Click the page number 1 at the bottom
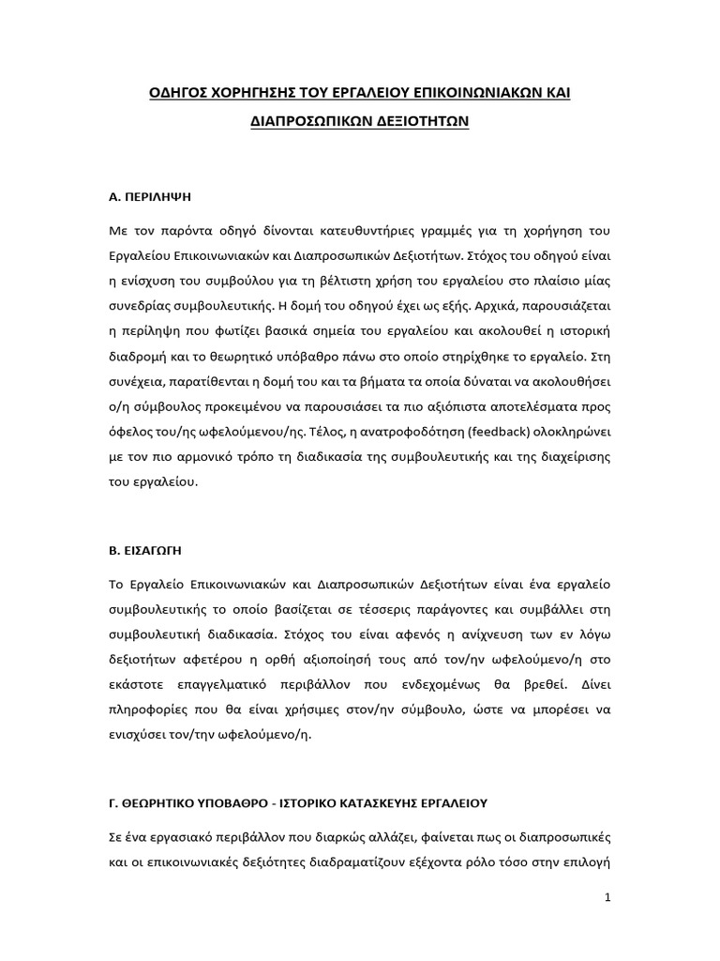pos(607,897)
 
